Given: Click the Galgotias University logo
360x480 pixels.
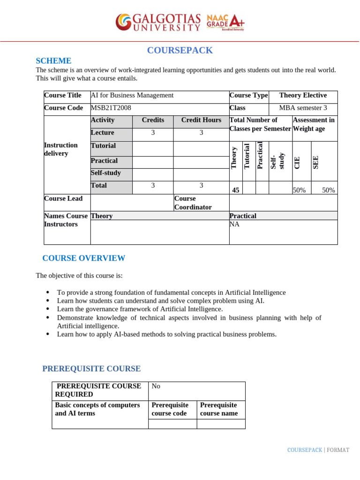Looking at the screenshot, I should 158,22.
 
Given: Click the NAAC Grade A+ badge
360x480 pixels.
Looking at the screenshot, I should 225,22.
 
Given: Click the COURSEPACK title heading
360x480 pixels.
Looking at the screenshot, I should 180,51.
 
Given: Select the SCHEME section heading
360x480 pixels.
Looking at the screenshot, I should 53,61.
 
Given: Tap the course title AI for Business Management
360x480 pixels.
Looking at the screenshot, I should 132,95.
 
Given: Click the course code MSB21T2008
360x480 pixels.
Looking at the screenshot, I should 111,108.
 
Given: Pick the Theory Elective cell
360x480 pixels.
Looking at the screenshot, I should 303,95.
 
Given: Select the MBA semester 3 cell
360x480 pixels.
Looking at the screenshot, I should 303,108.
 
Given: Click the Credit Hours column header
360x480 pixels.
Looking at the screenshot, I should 201,120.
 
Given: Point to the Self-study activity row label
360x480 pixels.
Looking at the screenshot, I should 106,173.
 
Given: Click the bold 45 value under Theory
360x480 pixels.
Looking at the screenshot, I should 236,190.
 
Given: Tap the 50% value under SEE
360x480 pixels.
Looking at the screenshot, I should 328,190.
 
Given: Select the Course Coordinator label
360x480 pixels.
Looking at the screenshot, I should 193,202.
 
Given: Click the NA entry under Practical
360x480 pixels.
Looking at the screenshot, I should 234,224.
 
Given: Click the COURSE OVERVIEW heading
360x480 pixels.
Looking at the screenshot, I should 83,258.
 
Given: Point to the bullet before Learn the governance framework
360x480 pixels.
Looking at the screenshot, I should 48,309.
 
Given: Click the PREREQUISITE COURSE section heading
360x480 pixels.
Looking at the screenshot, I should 91,368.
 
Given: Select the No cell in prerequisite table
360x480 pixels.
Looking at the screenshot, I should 156,386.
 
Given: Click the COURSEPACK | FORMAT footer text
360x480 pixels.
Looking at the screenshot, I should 318,450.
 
